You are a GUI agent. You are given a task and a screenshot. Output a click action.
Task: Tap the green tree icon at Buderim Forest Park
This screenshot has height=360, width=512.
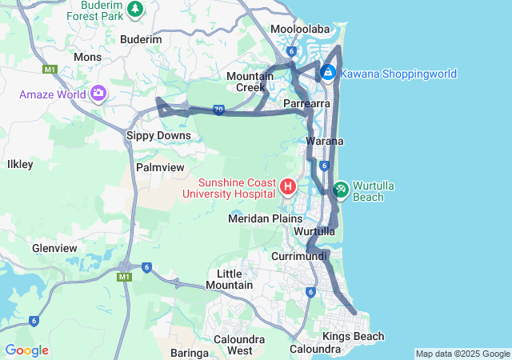[x=135, y=9]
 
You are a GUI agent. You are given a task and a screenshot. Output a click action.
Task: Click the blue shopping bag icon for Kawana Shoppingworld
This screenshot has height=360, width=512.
[x=327, y=74]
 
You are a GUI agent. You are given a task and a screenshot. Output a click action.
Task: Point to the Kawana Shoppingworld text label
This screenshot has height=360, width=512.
[x=398, y=74]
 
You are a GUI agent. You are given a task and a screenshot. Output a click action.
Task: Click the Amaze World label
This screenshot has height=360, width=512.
[x=53, y=94]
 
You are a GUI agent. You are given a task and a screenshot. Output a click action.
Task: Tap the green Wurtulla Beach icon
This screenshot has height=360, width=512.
[x=340, y=188]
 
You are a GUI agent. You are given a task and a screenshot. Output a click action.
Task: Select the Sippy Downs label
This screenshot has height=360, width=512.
[x=159, y=136]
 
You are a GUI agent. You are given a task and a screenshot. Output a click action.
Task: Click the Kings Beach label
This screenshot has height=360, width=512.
[x=353, y=337]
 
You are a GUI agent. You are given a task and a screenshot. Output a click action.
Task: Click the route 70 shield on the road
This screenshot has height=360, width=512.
[x=218, y=110]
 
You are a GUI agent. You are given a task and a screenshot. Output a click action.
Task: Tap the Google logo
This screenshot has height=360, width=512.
[x=26, y=350]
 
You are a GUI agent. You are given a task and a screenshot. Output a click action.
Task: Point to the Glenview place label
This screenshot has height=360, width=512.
[x=54, y=248]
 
